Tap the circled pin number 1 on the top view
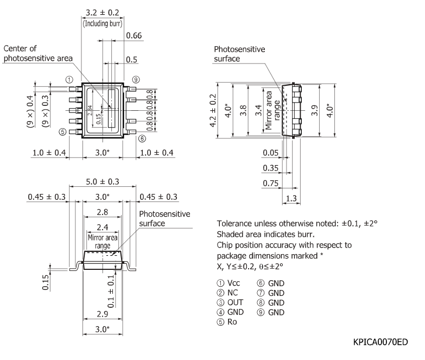pos(69,79)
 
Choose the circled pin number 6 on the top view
pos(142,138)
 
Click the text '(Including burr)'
pos(102,23)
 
